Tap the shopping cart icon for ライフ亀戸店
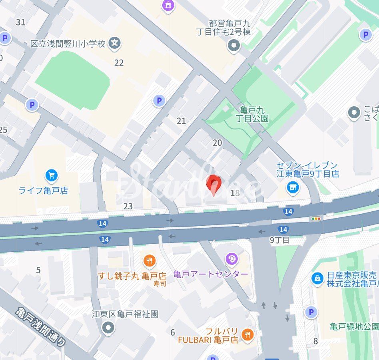tap(52, 175)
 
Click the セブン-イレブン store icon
tap(293, 187)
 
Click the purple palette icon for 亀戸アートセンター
tap(231, 259)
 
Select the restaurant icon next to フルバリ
tap(248, 335)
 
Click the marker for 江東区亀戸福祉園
tap(108, 328)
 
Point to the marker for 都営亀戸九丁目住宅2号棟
tap(233, 46)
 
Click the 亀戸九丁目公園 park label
tap(252, 114)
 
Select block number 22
tap(119, 63)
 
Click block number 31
tap(20, 22)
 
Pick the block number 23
tap(128, 206)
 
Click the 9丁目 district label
tap(279, 240)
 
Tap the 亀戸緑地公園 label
tap(354, 327)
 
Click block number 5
tap(38, 270)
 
